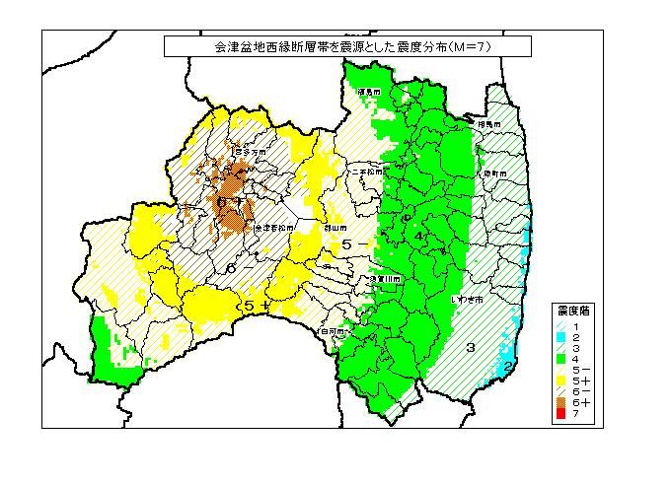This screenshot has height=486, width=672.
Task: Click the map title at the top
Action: (346, 46)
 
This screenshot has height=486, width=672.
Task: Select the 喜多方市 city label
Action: (256, 153)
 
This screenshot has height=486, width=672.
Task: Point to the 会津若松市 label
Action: (273, 228)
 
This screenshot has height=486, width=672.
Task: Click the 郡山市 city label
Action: (335, 227)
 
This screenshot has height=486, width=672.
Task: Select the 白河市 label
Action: (333, 332)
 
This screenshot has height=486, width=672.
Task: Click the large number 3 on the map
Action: (471, 347)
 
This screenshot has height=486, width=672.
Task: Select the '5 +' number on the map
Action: (256, 308)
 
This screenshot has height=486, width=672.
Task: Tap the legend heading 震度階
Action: (572, 311)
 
